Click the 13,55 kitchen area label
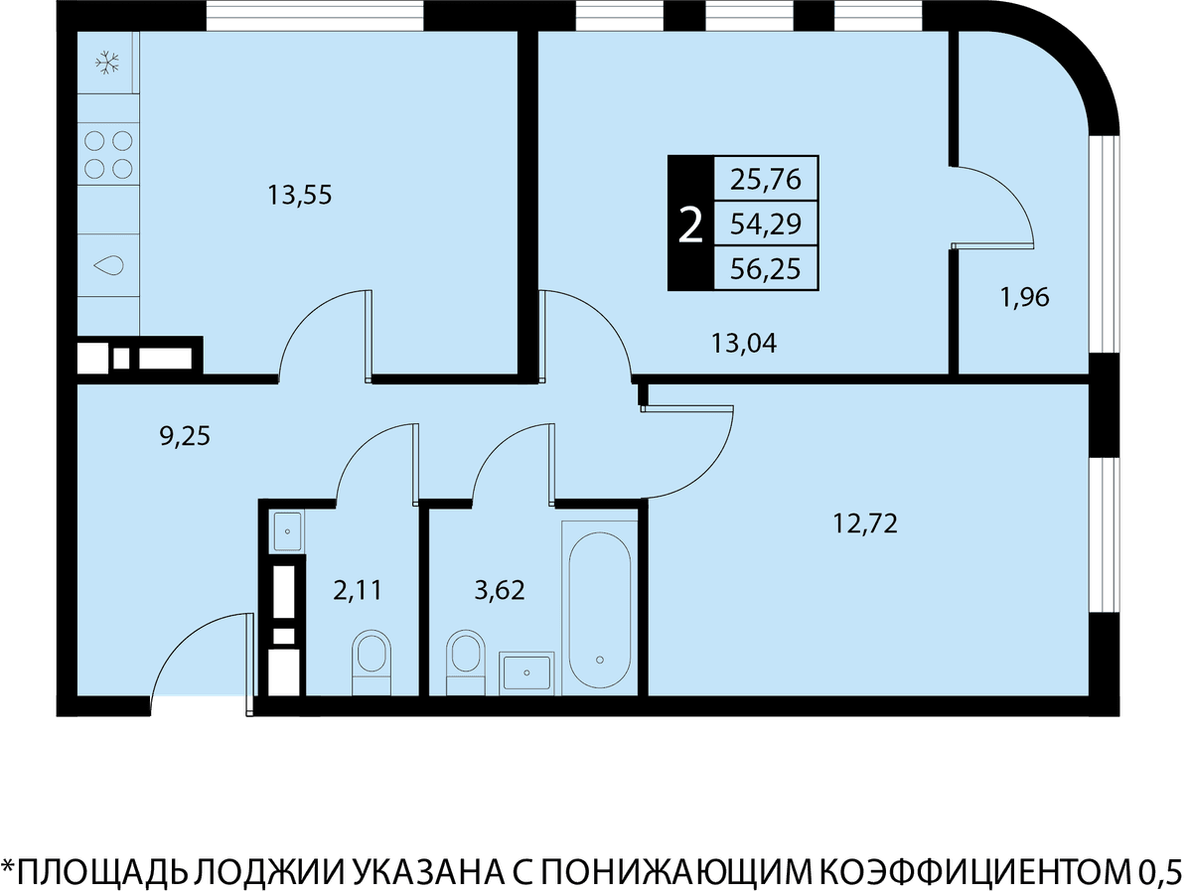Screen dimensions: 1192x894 point(300,196)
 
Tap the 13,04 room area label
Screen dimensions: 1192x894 point(744,344)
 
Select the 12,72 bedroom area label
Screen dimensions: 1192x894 point(865,524)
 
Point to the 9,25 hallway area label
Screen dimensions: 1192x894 point(185,436)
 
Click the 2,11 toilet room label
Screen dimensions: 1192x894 point(358,591)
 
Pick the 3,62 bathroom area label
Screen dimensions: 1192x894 point(500,591)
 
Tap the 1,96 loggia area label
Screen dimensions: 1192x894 point(1025,298)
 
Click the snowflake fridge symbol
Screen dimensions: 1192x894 point(107,63)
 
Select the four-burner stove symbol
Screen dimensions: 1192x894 point(108,155)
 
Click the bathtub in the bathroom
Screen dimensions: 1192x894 point(600,610)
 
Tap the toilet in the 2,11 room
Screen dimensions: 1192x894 point(372,662)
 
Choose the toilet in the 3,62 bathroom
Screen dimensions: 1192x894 point(466,662)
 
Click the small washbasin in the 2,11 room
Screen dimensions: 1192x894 point(287,531)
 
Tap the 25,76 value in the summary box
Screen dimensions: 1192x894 point(765,179)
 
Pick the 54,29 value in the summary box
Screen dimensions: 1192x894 point(765,223)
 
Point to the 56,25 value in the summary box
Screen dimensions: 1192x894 point(765,268)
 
